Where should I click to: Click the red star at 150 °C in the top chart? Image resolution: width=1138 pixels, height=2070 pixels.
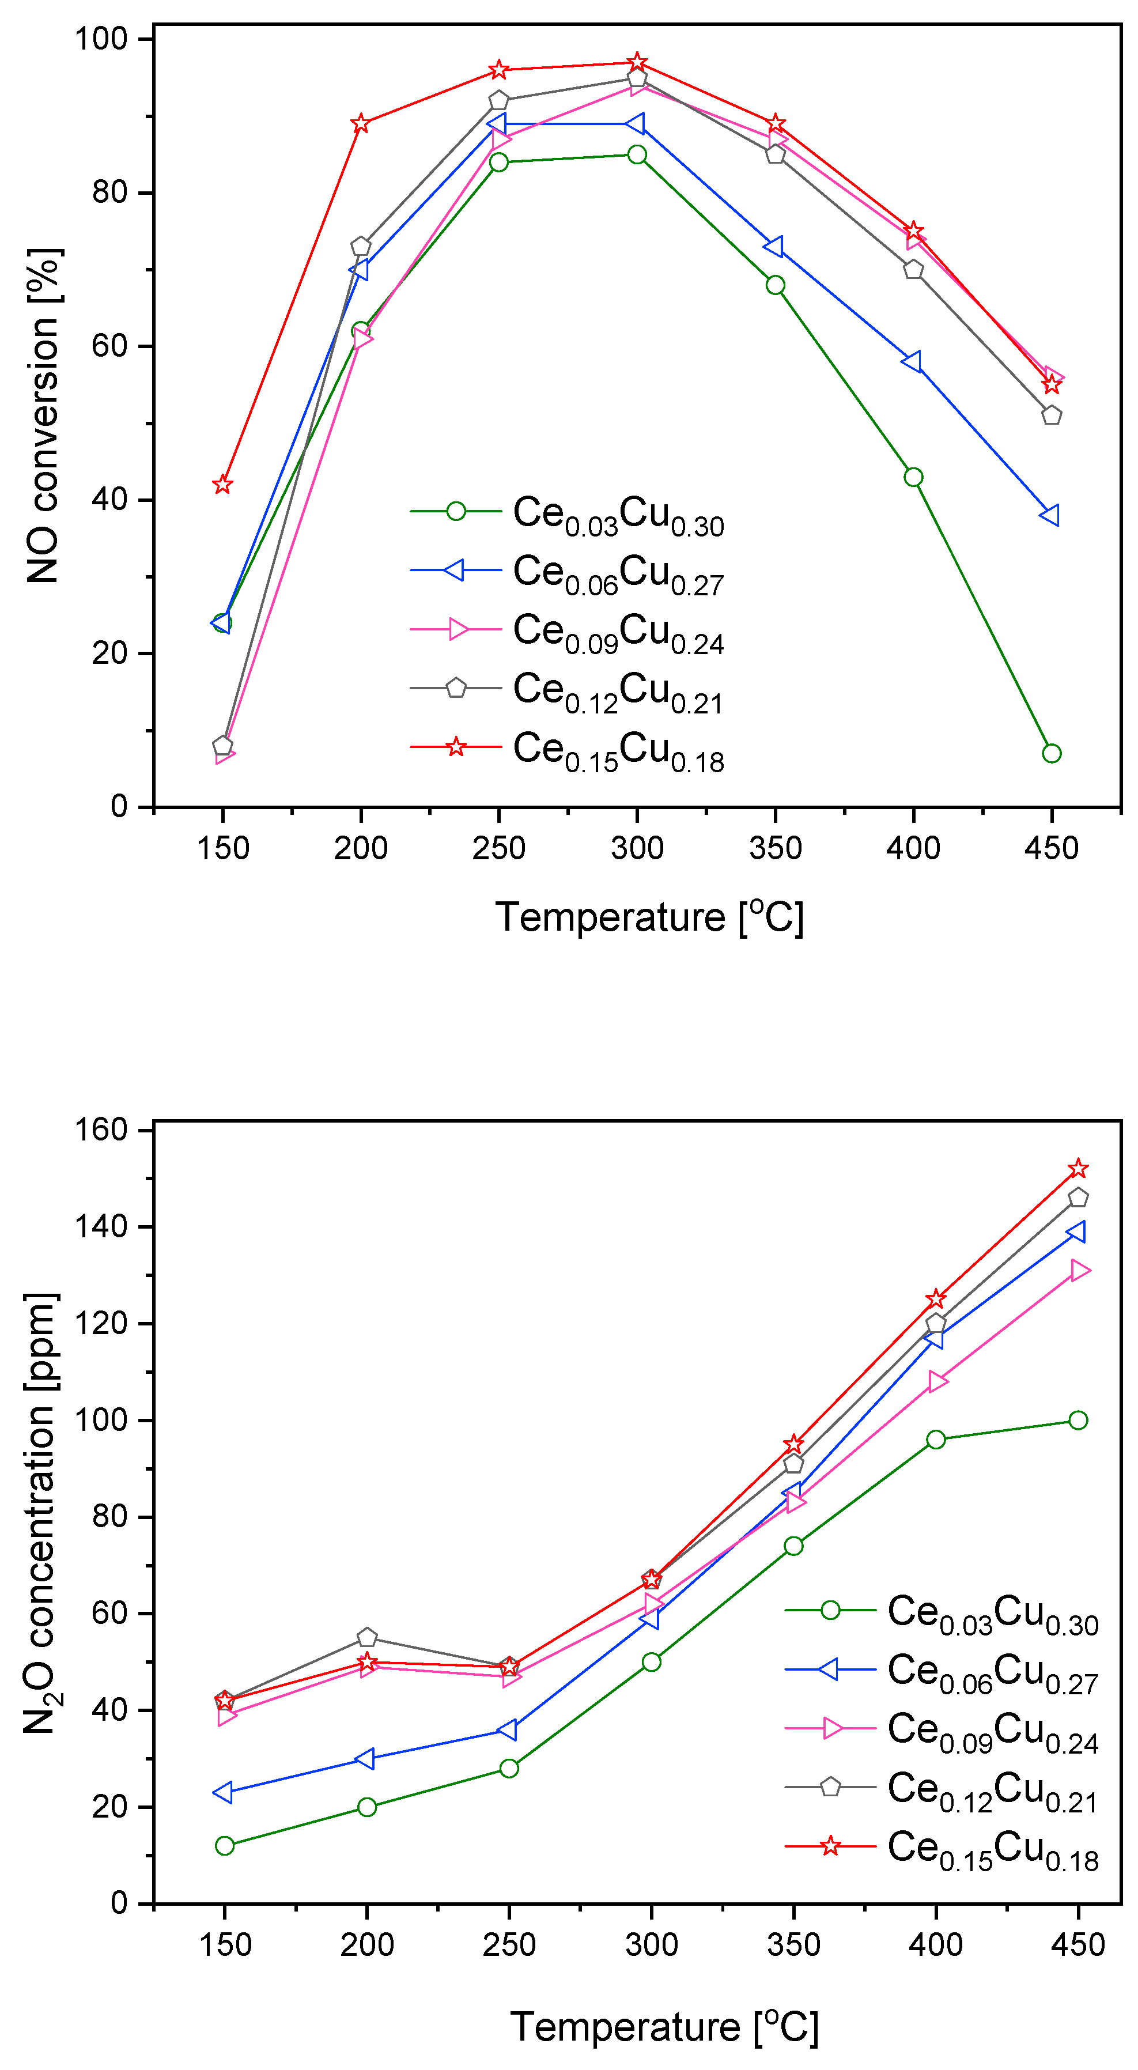(x=222, y=485)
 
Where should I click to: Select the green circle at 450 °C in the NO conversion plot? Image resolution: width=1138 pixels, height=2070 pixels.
(x=1051, y=753)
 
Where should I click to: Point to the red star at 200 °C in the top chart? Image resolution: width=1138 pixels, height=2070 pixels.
(x=361, y=124)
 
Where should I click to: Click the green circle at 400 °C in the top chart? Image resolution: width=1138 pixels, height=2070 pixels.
(x=913, y=477)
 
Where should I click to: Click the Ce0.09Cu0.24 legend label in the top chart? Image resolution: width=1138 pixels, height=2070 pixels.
(x=618, y=632)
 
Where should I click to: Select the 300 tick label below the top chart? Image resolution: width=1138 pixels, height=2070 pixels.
(x=637, y=848)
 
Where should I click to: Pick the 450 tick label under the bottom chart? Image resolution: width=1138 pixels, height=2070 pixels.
(x=1077, y=1944)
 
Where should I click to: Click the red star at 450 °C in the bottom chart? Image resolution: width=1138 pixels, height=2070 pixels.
(x=1077, y=1168)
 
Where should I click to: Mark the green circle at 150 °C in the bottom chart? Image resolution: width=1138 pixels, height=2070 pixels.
(x=225, y=1846)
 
